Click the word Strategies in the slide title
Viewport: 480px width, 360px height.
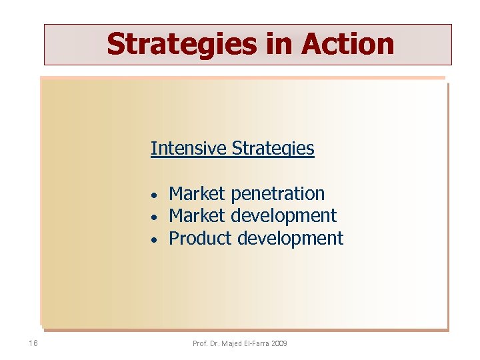(x=182, y=44)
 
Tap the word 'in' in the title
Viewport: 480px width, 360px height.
(x=279, y=44)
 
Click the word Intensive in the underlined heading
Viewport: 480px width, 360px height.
(x=189, y=148)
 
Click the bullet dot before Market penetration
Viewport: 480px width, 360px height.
(x=153, y=195)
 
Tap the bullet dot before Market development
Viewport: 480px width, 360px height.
(x=153, y=217)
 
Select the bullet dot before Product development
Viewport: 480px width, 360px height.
(x=153, y=239)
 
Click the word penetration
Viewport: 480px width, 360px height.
(x=277, y=194)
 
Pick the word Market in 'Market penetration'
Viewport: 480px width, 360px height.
(x=197, y=194)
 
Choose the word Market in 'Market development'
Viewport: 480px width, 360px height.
(x=197, y=216)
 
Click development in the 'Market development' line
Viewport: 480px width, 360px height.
(x=283, y=216)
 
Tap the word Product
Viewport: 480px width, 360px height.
(x=201, y=238)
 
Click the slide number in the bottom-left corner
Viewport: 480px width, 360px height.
(x=33, y=343)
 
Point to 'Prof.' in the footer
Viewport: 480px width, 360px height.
(x=200, y=343)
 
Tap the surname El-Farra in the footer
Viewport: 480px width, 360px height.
(x=260, y=343)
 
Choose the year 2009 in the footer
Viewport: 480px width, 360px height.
(x=281, y=343)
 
